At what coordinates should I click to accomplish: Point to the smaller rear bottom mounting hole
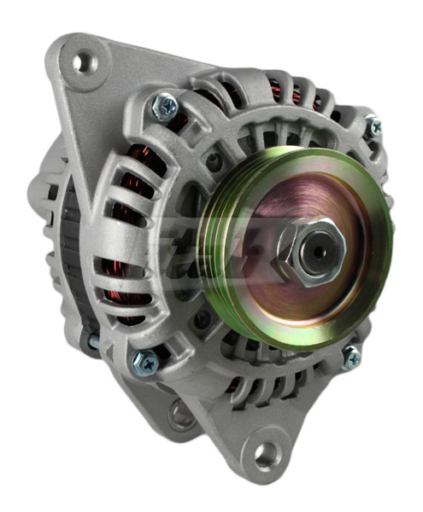(180, 416)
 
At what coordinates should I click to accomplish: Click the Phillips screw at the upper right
(373, 127)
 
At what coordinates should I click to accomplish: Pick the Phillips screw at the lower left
(144, 363)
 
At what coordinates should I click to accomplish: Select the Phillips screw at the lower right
(351, 358)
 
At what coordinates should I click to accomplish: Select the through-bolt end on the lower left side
(93, 341)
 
